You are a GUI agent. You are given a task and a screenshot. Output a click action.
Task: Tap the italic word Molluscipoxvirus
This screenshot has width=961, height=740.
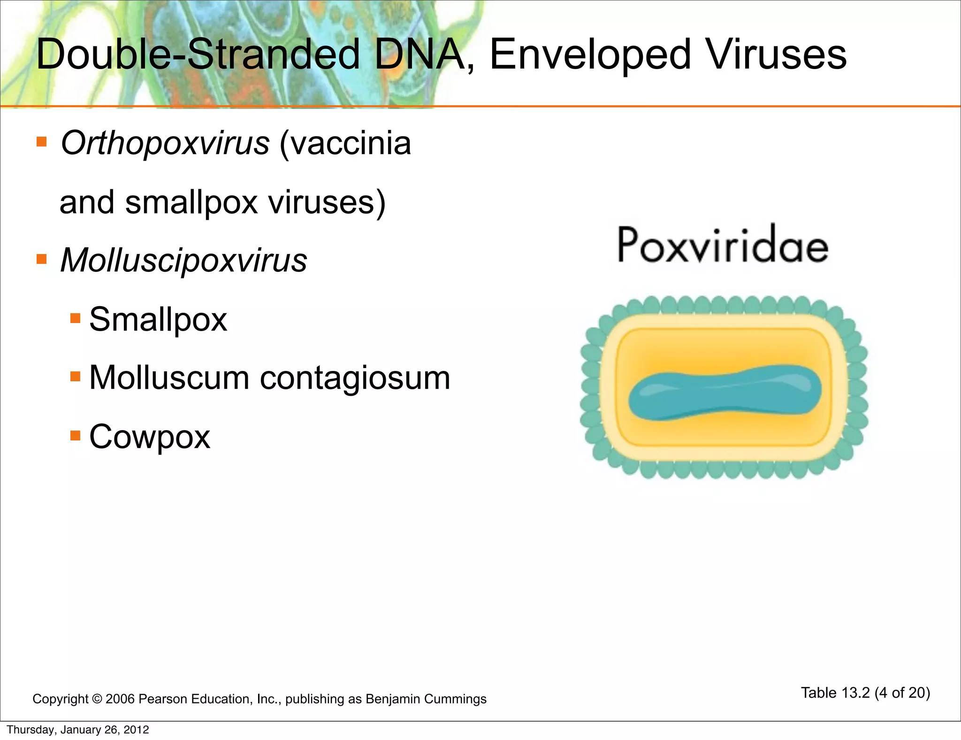pos(183,261)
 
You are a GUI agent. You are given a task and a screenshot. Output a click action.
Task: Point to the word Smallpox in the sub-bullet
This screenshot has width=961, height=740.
pos(158,319)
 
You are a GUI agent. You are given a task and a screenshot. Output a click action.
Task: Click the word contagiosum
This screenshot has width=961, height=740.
pos(355,378)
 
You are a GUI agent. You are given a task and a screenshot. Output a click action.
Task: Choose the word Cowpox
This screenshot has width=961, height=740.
pos(150,437)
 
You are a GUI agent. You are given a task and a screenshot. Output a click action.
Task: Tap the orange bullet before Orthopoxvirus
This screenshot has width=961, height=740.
pos(42,142)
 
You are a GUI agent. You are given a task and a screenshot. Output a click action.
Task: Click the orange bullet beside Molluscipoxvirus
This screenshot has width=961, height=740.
pos(42,259)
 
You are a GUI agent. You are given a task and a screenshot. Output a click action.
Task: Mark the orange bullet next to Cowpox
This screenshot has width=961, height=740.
pos(75,435)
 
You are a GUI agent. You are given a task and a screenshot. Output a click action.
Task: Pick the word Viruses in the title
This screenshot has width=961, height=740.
pos(777,55)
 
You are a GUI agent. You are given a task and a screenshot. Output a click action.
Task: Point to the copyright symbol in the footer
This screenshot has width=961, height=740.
pos(97,699)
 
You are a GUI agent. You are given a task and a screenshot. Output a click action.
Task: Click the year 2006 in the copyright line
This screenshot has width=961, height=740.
pos(120,699)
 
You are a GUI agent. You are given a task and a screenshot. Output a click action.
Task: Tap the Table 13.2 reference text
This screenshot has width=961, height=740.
pos(835,693)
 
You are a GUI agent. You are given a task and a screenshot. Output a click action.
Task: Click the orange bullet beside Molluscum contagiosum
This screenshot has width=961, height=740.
pos(75,377)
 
